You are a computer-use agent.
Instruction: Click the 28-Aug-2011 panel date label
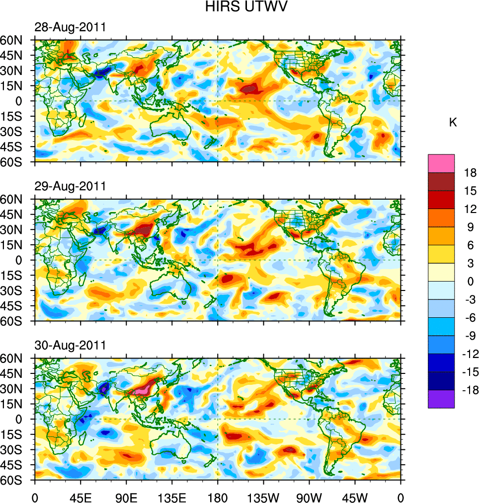tap(70, 27)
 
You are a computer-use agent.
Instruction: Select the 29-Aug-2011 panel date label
tap(70, 186)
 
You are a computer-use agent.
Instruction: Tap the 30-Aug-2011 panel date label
tap(70, 345)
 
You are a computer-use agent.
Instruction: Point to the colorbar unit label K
tap(453, 123)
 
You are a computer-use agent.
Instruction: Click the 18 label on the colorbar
tap(470, 173)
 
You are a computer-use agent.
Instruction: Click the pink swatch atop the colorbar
tap(441, 163)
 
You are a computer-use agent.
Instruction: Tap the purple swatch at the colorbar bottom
tap(441, 399)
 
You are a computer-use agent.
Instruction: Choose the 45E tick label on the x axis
tap(80, 497)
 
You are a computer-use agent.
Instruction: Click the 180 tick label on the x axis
tap(218, 497)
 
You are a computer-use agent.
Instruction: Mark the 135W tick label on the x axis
tap(263, 497)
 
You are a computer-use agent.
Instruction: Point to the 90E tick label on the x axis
tap(126, 497)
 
